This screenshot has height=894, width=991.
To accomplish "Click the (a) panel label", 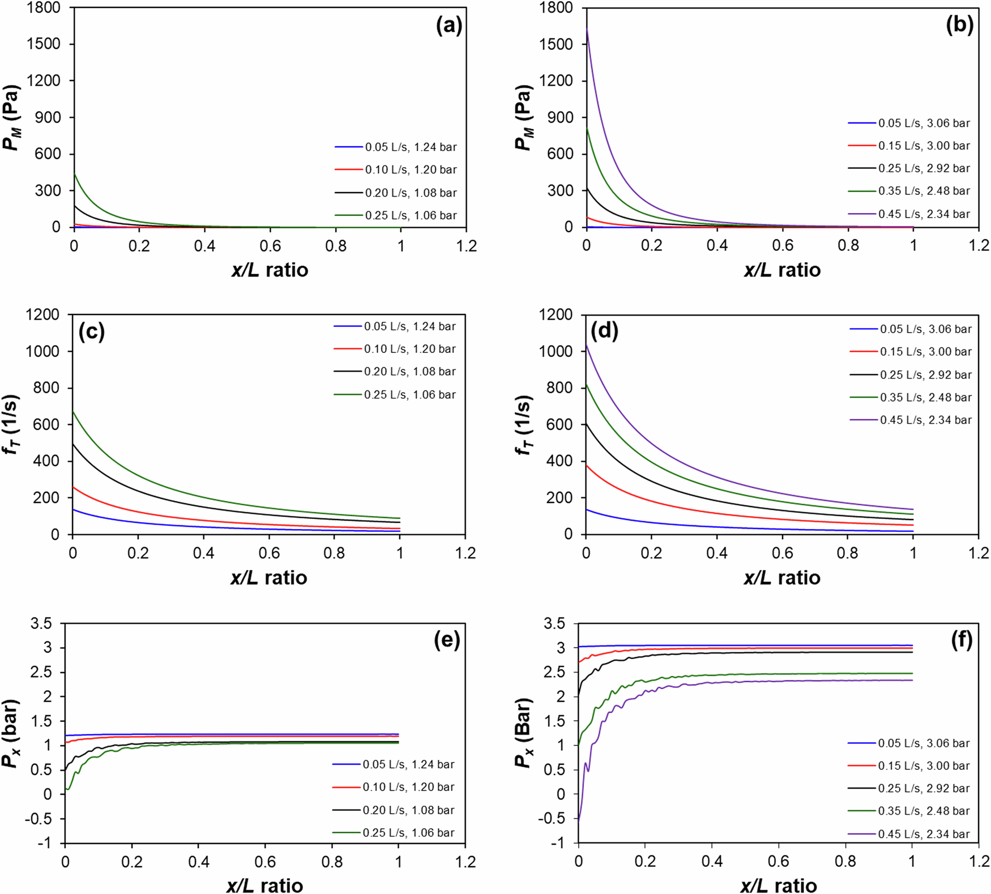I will pyautogui.click(x=448, y=25).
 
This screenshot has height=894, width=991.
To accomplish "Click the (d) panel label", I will pyautogui.click(x=604, y=330).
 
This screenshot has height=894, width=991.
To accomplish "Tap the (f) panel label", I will pyautogui.click(x=961, y=640).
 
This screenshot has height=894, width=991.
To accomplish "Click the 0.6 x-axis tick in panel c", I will pyautogui.click(x=269, y=554).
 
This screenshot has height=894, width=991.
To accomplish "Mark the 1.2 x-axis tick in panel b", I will pyautogui.click(x=979, y=246).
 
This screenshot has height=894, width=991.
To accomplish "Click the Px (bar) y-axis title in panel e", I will pyautogui.click(x=11, y=733).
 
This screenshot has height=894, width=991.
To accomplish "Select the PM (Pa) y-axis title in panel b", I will pyautogui.click(x=523, y=118).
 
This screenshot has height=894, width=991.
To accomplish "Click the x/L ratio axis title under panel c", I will pyautogui.click(x=269, y=578).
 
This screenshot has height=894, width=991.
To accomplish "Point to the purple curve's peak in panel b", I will pyautogui.click(x=587, y=29).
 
